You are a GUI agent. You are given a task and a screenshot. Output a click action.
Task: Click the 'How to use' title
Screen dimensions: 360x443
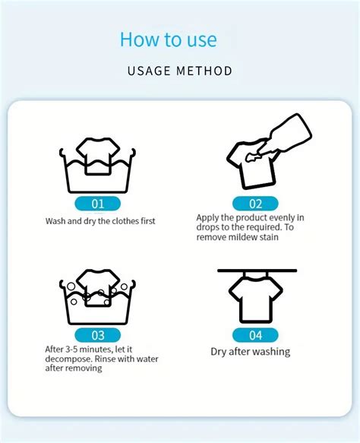pos(169,39)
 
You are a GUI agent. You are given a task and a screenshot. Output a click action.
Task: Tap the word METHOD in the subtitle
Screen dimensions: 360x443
pos(204,71)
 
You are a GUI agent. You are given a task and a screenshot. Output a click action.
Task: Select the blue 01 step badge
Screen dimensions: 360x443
pos(98,204)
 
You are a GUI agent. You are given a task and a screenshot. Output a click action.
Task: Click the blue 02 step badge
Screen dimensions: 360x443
pos(255,204)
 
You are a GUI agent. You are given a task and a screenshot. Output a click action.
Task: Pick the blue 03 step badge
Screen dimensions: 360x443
pos(98,335)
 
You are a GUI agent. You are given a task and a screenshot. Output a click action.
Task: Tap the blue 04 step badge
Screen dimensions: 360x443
pos(255,335)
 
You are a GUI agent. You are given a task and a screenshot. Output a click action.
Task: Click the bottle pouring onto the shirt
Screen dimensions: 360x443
pos(285,135)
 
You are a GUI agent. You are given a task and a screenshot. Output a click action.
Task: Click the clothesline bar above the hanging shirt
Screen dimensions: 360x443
pos(257,271)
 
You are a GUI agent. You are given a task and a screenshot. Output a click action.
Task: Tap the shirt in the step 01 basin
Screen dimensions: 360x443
pos(98,156)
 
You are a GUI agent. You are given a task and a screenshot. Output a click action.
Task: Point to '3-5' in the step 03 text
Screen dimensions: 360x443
pos(71,350)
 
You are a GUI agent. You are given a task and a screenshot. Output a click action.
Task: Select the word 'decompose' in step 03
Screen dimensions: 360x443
pos(68,359)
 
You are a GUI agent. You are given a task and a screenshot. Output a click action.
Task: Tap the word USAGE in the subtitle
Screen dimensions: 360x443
pos(149,71)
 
